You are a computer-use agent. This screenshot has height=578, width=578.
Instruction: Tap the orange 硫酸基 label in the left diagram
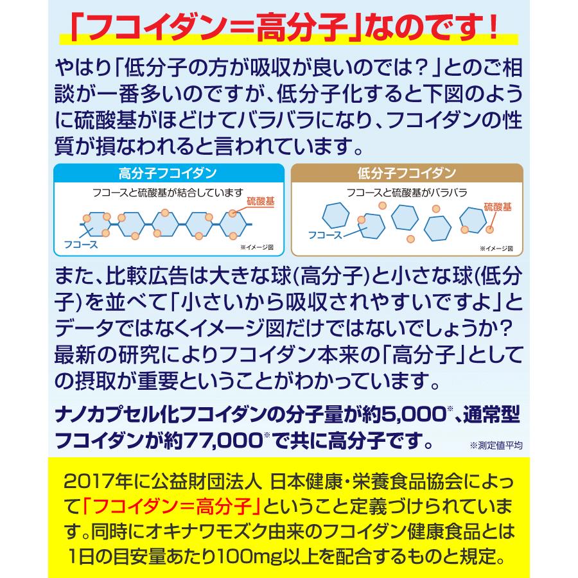[x=260, y=201]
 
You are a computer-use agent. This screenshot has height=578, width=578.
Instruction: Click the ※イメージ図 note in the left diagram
[x=257, y=247]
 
